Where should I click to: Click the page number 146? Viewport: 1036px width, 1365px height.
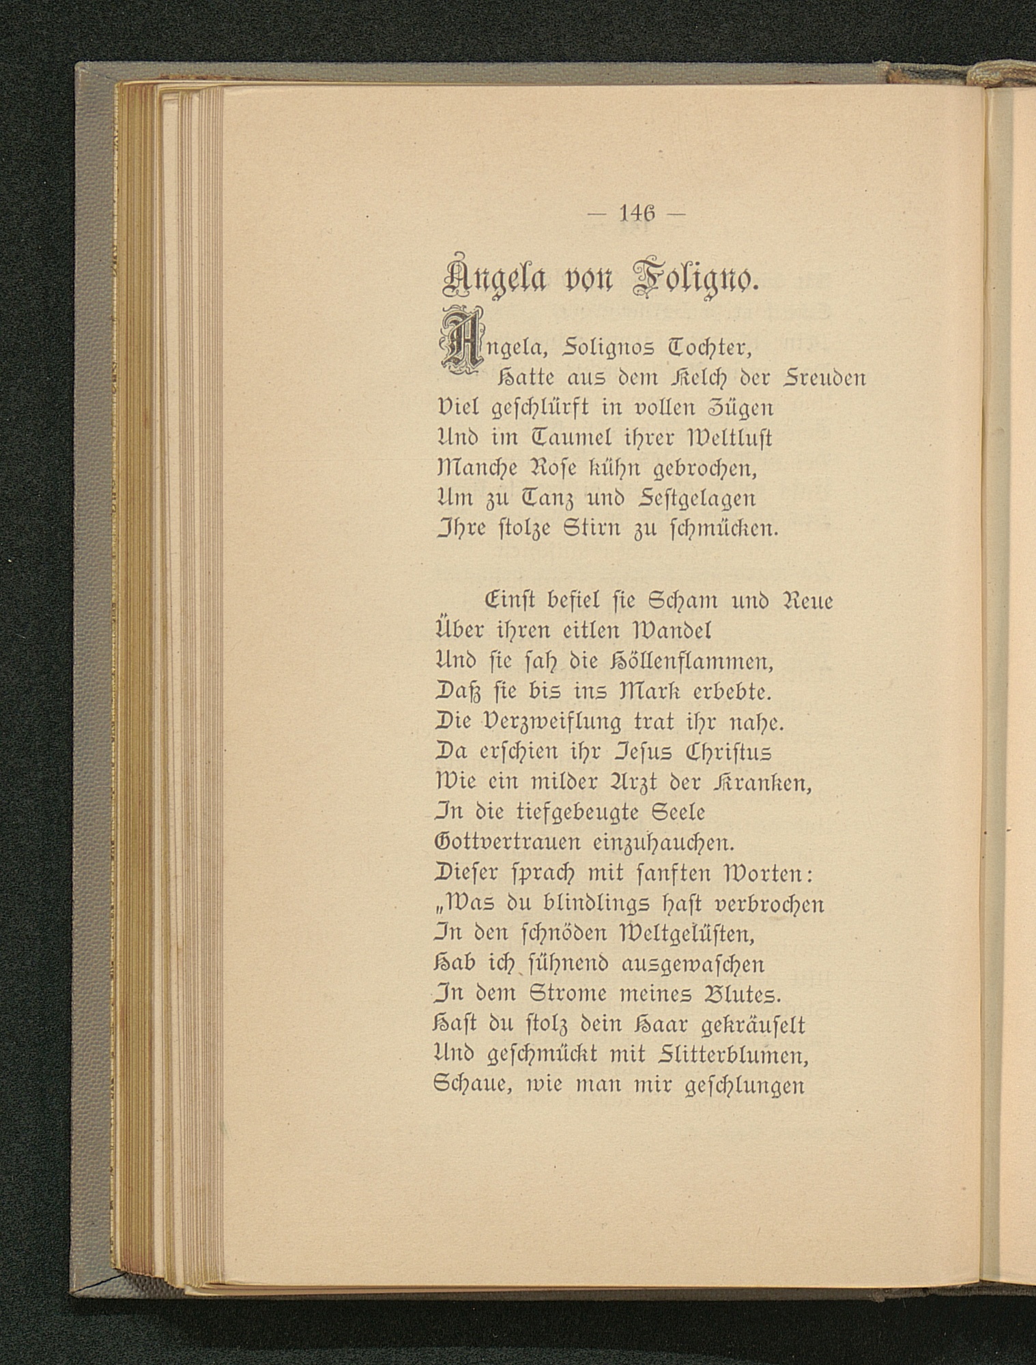click(x=636, y=214)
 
